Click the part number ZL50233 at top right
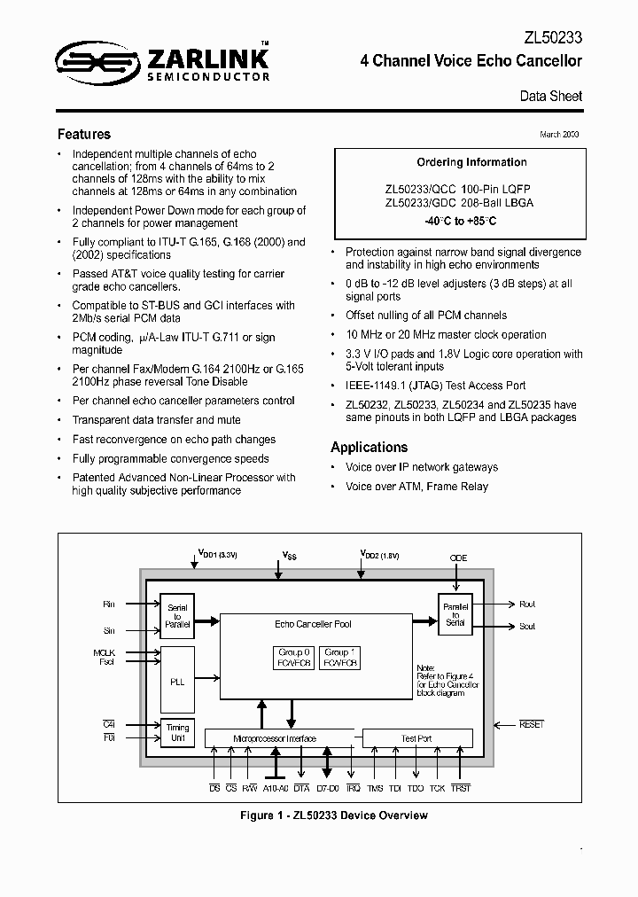(552, 38)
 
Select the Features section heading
(84, 135)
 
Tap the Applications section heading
(369, 448)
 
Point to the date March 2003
(560, 134)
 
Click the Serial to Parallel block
(176, 617)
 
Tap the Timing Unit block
(176, 732)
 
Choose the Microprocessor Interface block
(274, 738)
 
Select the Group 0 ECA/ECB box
(292, 658)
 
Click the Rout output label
(527, 604)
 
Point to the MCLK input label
(105, 652)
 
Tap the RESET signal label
(532, 725)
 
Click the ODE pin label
(458, 558)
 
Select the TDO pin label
(416, 787)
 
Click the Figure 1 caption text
(333, 815)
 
